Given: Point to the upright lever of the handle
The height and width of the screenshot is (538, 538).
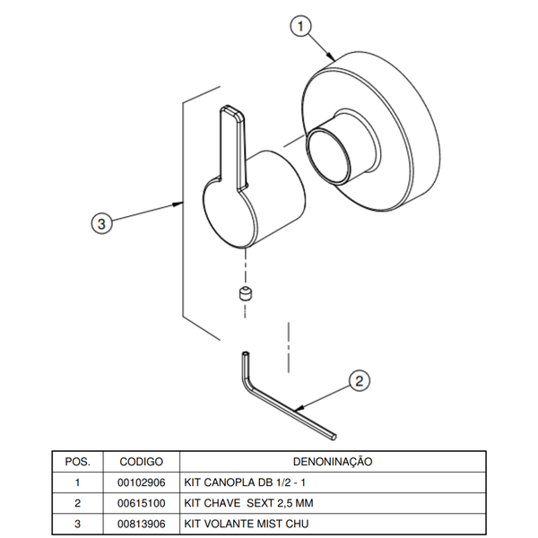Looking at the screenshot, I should point(232,143).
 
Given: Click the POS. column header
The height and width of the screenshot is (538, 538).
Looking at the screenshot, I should point(78,461).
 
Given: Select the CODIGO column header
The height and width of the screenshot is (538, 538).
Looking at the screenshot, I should point(141,461).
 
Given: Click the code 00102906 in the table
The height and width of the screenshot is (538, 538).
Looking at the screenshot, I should point(141,482).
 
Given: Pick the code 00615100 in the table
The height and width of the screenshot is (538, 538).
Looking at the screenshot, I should point(141,502).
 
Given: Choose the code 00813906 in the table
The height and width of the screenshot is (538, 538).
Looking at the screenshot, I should point(141,523).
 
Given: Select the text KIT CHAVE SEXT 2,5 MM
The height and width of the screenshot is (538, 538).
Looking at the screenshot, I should point(248,502).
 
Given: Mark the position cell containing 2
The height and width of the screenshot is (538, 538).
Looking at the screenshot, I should point(78,502).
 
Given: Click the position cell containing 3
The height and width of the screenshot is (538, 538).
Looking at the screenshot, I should point(78,523).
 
